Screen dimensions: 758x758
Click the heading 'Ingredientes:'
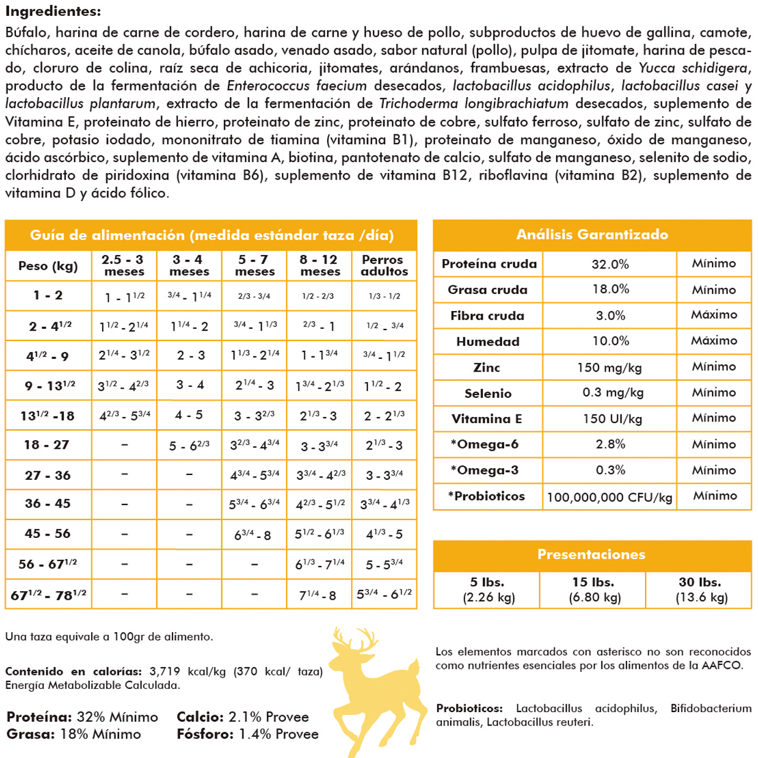tap(53, 12)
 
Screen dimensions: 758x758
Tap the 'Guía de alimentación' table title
tap(212, 235)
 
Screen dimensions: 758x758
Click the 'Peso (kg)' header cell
tap(48, 266)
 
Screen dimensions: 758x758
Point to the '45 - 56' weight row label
tap(48, 534)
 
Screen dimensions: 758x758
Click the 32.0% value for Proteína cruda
tap(610, 264)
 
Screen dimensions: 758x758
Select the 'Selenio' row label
tap(488, 393)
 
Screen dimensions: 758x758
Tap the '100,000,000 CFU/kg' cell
tap(609, 497)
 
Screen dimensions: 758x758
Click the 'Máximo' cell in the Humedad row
tap(714, 340)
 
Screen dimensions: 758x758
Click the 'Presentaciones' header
tap(591, 554)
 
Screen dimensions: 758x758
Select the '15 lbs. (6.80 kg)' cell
tap(592, 590)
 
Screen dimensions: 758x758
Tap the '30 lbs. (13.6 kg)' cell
tap(700, 590)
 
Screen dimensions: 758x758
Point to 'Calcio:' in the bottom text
tap(200, 717)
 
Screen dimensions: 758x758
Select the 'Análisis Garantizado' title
tap(592, 235)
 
